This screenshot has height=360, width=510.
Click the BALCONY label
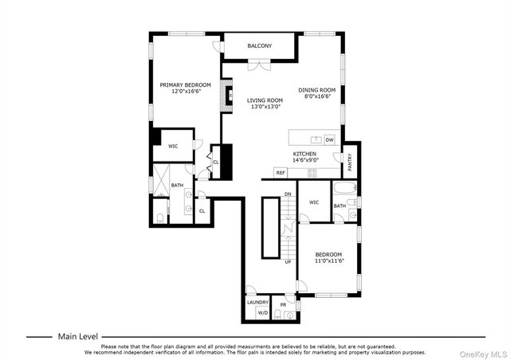(259, 45)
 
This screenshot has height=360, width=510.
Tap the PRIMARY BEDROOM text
(185, 85)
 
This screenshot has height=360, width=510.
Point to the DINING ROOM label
(316, 90)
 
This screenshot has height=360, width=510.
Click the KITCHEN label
(304, 154)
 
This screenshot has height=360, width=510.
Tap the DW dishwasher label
(329, 140)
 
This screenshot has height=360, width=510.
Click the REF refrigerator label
(280, 172)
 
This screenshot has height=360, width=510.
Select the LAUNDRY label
(257, 302)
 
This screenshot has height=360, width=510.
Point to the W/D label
(262, 313)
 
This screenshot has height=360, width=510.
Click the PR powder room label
(283, 304)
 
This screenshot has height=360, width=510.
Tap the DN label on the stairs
(288, 194)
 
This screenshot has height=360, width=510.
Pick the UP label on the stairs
(288, 261)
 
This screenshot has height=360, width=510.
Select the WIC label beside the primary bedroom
(173, 146)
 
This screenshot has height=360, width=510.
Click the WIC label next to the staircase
(313, 202)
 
